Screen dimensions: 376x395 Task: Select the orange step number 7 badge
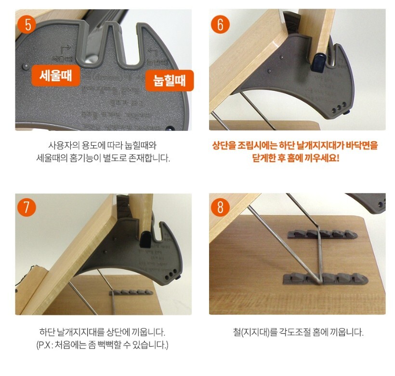coord(27,207)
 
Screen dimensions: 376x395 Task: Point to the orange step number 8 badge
coord(221,207)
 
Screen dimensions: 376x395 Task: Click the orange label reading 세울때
coord(56,76)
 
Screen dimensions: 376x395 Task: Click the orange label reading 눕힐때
coord(170,81)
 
